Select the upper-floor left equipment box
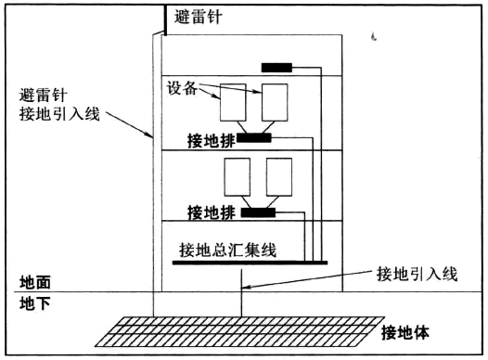pyautogui.click(x=232, y=102)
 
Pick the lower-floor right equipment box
pyautogui.click(x=279, y=177)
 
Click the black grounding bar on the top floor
pyautogui.click(x=277, y=67)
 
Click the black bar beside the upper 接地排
pyautogui.click(x=253, y=138)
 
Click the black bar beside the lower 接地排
pyautogui.click(x=258, y=213)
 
